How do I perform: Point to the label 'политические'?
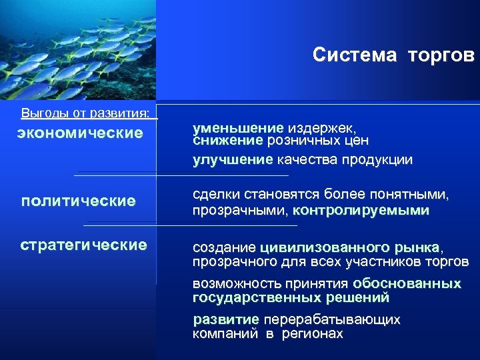tap(79, 201)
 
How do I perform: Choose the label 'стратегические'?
tap(83, 245)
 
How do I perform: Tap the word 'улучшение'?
tap(233, 160)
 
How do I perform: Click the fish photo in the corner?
tap(78, 50)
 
